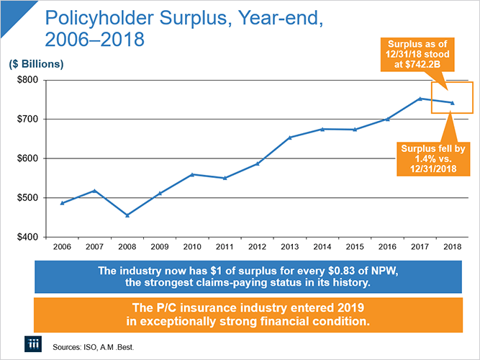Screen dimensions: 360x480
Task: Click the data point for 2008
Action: [x=127, y=215]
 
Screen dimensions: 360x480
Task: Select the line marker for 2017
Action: [x=420, y=99]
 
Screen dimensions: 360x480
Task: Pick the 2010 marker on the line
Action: [x=192, y=174]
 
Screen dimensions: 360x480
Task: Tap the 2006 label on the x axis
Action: [x=62, y=248]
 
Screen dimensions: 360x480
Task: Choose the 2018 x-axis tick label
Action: [x=452, y=248]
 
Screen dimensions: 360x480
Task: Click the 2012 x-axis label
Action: [x=257, y=248]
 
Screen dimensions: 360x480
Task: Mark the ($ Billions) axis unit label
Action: [x=37, y=64]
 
